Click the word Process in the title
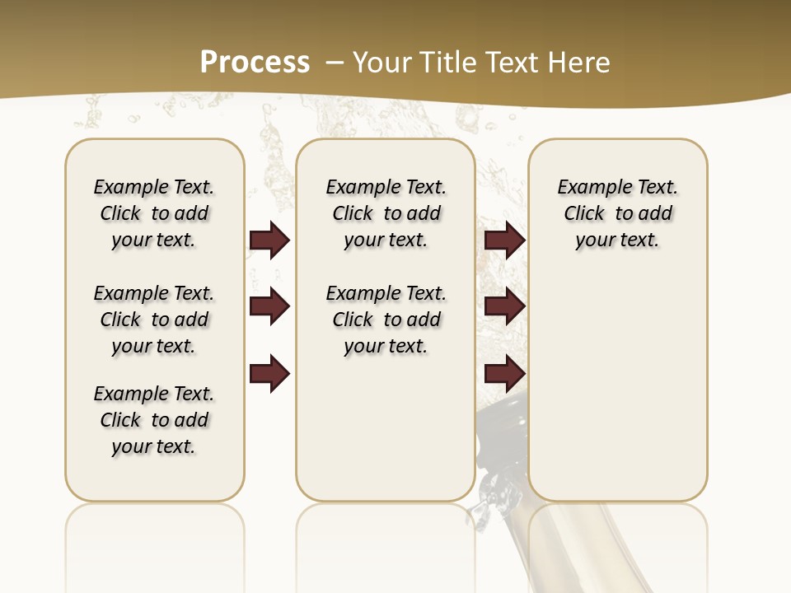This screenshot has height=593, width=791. [x=255, y=63]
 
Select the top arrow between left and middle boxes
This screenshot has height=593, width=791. [x=269, y=240]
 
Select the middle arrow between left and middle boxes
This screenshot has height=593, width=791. [x=269, y=306]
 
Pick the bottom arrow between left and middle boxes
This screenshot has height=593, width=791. [x=269, y=374]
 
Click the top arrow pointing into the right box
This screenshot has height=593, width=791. [x=504, y=240]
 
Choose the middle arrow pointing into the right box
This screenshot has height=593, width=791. [x=504, y=306]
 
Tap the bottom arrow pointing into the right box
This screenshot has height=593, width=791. [x=504, y=374]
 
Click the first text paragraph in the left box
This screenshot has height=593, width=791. [x=154, y=213]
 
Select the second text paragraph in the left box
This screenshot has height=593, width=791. [x=154, y=320]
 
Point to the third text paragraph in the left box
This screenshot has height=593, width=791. [x=154, y=420]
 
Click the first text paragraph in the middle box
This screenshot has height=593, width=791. [x=386, y=213]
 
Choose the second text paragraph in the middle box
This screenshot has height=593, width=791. [x=386, y=320]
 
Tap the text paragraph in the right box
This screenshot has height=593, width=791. [x=617, y=213]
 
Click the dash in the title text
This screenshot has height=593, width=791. [x=335, y=63]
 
